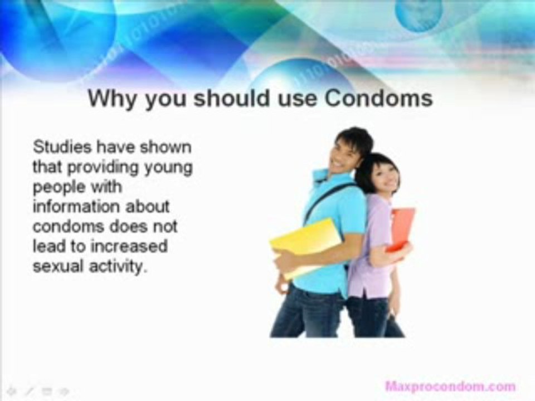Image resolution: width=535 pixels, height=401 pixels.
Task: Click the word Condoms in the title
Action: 378,98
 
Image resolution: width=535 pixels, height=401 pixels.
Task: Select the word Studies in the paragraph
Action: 62,147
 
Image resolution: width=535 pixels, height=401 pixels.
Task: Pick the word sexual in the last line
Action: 57,266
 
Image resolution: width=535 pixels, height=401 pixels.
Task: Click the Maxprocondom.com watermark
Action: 450,385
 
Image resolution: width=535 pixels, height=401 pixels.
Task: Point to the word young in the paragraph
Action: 167,167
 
